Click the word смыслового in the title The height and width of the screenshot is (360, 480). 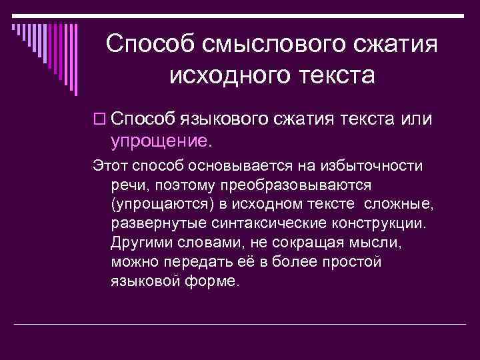(x=271, y=45)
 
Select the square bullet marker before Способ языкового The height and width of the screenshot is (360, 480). (x=100, y=119)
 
